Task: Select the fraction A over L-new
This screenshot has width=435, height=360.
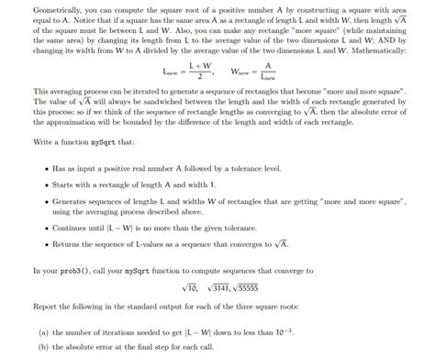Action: [267, 70]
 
